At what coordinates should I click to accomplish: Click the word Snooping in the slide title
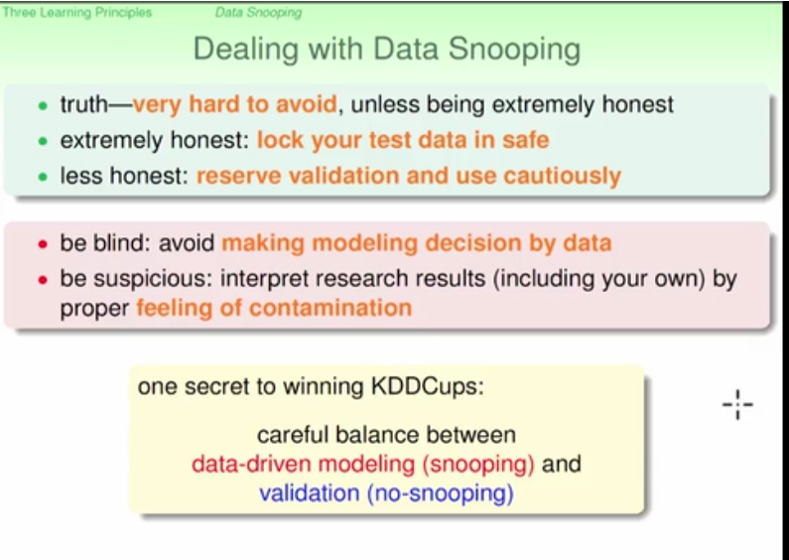click(x=514, y=51)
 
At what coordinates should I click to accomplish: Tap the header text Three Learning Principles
click(x=77, y=13)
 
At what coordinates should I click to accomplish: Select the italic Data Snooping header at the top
click(x=259, y=13)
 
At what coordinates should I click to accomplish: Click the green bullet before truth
click(x=43, y=106)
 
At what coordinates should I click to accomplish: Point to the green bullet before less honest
click(x=43, y=177)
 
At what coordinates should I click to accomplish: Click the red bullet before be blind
click(x=43, y=244)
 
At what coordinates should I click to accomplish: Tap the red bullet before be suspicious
click(x=43, y=279)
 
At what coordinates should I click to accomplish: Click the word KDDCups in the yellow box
click(x=427, y=387)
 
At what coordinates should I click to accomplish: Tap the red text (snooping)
click(x=478, y=465)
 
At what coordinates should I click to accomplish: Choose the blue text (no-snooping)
click(x=441, y=493)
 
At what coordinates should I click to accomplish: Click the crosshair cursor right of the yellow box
click(x=737, y=404)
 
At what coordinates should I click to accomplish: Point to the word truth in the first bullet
click(x=84, y=104)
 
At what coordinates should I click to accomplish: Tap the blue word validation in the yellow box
click(x=309, y=493)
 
